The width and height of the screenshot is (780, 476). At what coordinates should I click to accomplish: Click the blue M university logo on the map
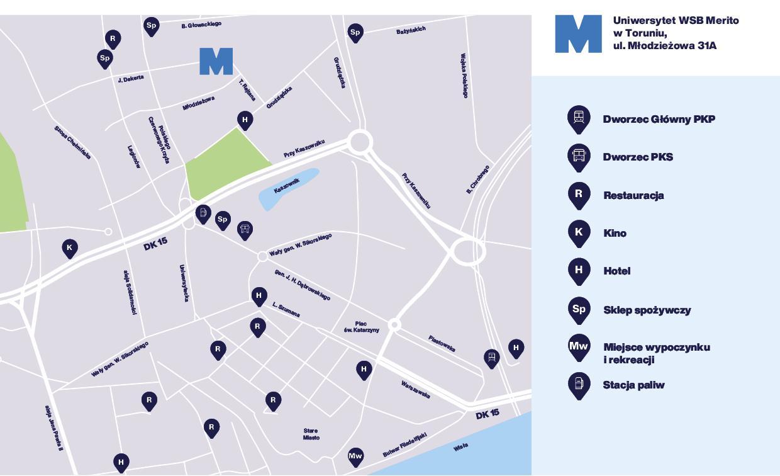tap(216, 61)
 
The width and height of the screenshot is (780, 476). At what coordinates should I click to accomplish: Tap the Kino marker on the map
tap(70, 247)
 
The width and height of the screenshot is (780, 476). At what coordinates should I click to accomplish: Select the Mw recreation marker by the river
tap(355, 456)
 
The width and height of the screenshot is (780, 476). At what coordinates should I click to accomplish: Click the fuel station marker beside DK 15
tap(203, 213)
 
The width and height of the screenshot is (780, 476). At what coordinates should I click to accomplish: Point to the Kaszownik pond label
tap(287, 186)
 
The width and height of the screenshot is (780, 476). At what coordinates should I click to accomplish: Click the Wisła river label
tap(460, 447)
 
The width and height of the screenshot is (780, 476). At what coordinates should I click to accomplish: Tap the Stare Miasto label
tap(311, 434)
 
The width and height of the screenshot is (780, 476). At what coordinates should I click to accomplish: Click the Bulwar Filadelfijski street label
tap(404, 445)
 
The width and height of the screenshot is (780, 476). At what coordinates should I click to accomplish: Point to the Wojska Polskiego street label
tap(464, 76)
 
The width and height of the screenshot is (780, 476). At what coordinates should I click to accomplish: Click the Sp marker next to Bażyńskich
tap(355, 32)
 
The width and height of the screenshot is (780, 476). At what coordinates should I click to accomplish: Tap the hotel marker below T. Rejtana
tap(245, 120)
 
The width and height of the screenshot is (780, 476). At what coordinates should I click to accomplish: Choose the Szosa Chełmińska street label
tap(72, 142)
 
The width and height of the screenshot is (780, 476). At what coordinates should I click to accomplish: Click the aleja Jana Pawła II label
tap(53, 428)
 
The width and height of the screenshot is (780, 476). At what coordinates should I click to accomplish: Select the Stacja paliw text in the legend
tap(633, 385)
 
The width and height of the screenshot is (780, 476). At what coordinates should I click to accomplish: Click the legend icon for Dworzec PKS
tap(579, 156)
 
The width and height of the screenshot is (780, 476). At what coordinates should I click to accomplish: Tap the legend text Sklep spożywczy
tap(647, 310)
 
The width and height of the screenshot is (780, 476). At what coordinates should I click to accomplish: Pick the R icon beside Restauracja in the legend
tap(579, 194)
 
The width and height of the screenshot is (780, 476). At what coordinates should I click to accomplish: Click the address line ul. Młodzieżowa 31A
tap(664, 46)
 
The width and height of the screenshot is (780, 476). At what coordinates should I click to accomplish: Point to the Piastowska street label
tap(442, 343)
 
